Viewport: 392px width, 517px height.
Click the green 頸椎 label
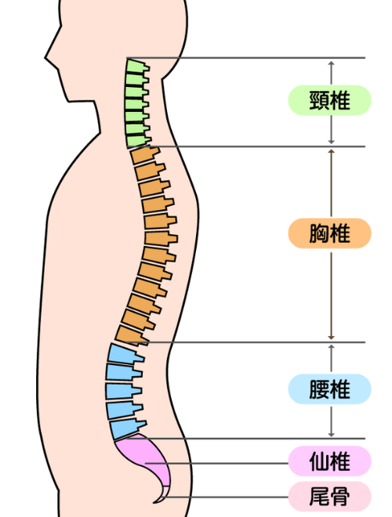tap(329, 100)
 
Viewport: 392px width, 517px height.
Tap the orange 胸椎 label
tap(329, 233)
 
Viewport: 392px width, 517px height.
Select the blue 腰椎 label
tap(329, 389)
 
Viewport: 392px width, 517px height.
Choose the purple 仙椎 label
tap(329, 461)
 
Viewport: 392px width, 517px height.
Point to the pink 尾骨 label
tap(329, 497)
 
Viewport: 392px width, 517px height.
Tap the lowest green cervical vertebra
tap(137, 141)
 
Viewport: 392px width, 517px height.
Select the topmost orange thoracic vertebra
tap(144, 155)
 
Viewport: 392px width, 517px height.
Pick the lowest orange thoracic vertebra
tap(130, 335)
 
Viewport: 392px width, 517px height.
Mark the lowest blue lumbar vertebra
tap(127, 429)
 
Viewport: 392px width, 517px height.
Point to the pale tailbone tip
tap(162, 496)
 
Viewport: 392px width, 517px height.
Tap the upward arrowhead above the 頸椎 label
tap(332, 63)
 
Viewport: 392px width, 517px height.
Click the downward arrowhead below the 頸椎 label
tap(332, 142)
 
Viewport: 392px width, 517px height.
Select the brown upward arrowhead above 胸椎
tap(332, 151)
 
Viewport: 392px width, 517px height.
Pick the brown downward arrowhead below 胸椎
tap(332, 338)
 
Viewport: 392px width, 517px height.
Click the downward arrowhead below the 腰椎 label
tap(332, 435)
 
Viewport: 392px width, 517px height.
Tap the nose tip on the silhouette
tap(45, 58)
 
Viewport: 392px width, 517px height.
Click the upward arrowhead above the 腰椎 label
tap(332, 347)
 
